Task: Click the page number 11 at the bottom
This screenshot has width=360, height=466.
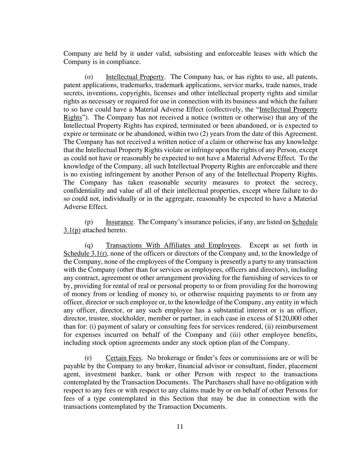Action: (180, 427)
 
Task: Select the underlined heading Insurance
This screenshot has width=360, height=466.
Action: (119, 222)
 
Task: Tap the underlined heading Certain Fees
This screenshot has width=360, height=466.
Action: (123, 358)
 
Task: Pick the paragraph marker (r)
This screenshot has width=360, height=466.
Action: (88, 358)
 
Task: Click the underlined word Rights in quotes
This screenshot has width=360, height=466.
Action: (73, 117)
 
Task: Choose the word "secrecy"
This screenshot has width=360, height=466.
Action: (306, 183)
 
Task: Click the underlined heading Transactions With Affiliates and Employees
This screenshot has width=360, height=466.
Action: (173, 245)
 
